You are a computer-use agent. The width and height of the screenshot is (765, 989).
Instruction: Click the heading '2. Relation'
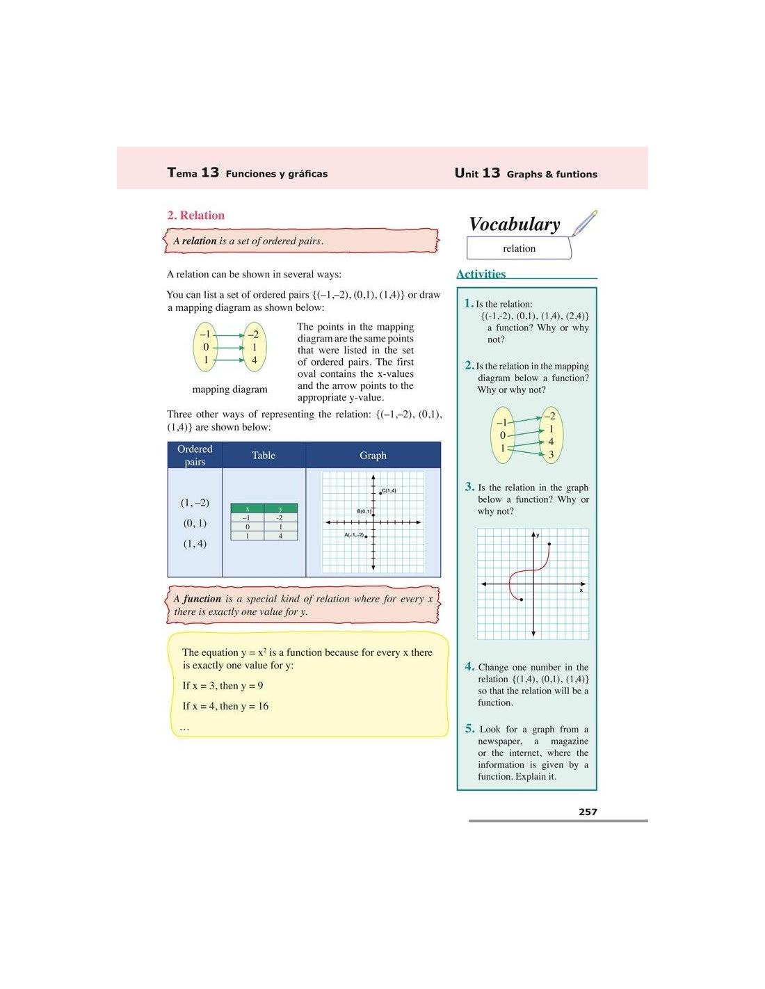(195, 216)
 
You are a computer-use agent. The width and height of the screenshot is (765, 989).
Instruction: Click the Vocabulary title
(514, 224)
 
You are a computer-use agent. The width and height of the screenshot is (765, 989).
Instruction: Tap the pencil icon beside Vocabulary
(585, 222)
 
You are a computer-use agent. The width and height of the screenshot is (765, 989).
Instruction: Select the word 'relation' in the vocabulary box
(519, 248)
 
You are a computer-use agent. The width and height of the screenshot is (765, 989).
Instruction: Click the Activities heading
(481, 274)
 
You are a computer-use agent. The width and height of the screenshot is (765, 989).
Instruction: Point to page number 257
(588, 812)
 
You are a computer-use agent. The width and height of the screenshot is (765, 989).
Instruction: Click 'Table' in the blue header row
(264, 456)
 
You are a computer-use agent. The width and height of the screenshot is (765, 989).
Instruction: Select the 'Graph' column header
(373, 456)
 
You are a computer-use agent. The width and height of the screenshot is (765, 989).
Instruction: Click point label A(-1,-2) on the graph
(354, 535)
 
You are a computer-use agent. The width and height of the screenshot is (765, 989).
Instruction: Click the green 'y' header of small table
(280, 509)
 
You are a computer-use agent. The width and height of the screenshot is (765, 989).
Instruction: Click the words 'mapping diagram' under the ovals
(229, 389)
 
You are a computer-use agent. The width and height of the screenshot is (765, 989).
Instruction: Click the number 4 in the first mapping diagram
(255, 360)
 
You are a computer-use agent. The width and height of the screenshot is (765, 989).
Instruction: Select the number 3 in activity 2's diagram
(551, 455)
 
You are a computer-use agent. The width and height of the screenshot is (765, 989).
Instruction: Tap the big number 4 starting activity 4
(469, 666)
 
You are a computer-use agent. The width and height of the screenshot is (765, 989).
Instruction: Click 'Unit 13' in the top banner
(477, 173)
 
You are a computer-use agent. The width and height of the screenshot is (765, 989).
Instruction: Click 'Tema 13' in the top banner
(193, 172)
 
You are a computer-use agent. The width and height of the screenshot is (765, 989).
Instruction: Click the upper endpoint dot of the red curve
(549, 545)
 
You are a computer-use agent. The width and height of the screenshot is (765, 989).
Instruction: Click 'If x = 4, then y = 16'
(225, 706)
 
